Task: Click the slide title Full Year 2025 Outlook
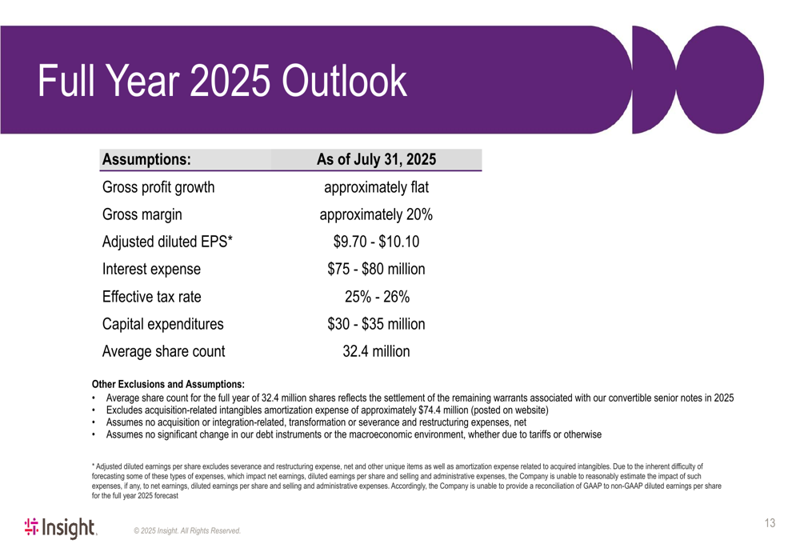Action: [x=223, y=81]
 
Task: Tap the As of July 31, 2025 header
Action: [x=376, y=159]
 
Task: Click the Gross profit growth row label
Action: [x=158, y=189]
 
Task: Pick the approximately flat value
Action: [x=376, y=189]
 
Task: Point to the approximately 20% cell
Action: [x=376, y=215]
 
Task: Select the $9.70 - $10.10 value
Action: [x=376, y=242]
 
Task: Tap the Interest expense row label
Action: [x=151, y=269]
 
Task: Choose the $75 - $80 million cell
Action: [x=376, y=269]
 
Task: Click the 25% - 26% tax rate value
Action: [x=376, y=297]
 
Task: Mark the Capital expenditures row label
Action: [x=162, y=324]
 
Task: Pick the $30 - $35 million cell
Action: [x=376, y=324]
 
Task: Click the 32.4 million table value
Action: [x=376, y=351]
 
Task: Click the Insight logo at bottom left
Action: [x=61, y=526]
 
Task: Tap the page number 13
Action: [x=770, y=524]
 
